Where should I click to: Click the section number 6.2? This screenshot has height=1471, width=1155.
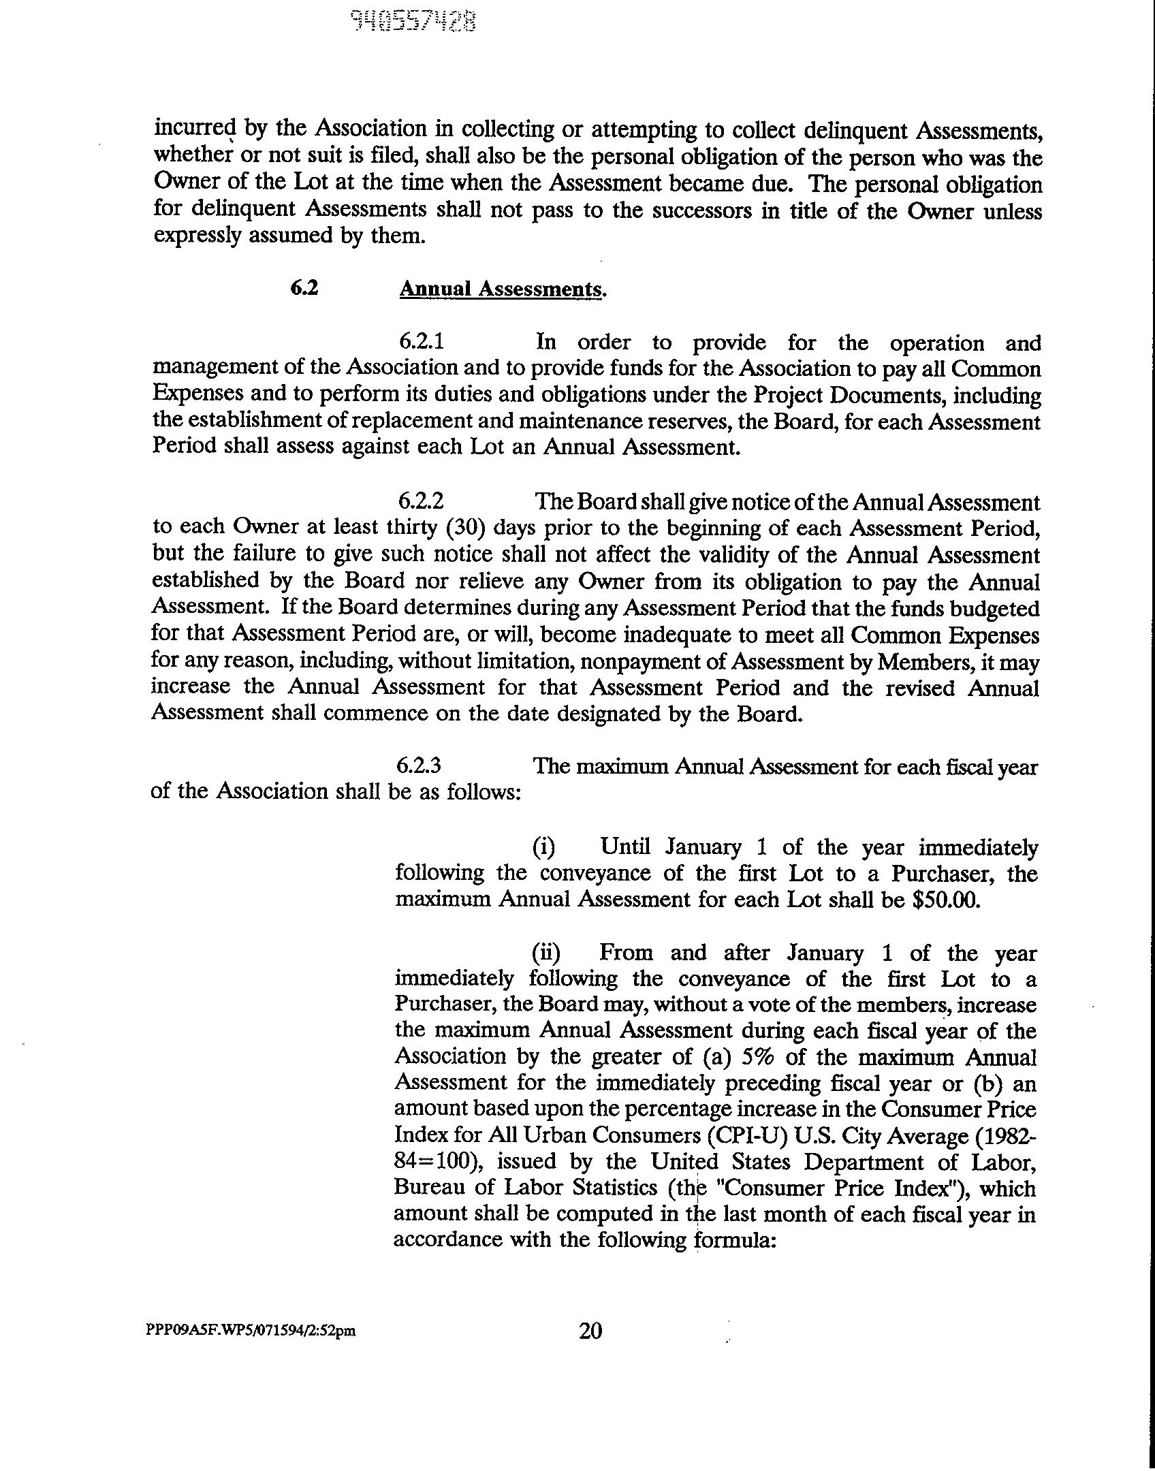(x=304, y=288)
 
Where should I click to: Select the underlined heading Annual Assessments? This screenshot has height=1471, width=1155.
(x=502, y=289)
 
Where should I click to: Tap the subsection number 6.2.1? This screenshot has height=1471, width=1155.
(x=422, y=341)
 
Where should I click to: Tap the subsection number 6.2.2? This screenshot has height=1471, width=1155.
(x=421, y=501)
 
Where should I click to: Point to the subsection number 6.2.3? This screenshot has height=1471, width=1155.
(x=419, y=765)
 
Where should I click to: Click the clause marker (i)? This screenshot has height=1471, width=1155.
(x=543, y=847)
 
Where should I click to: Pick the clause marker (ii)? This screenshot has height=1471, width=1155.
(x=546, y=952)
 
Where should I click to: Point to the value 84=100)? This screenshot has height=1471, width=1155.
(x=444, y=1161)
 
